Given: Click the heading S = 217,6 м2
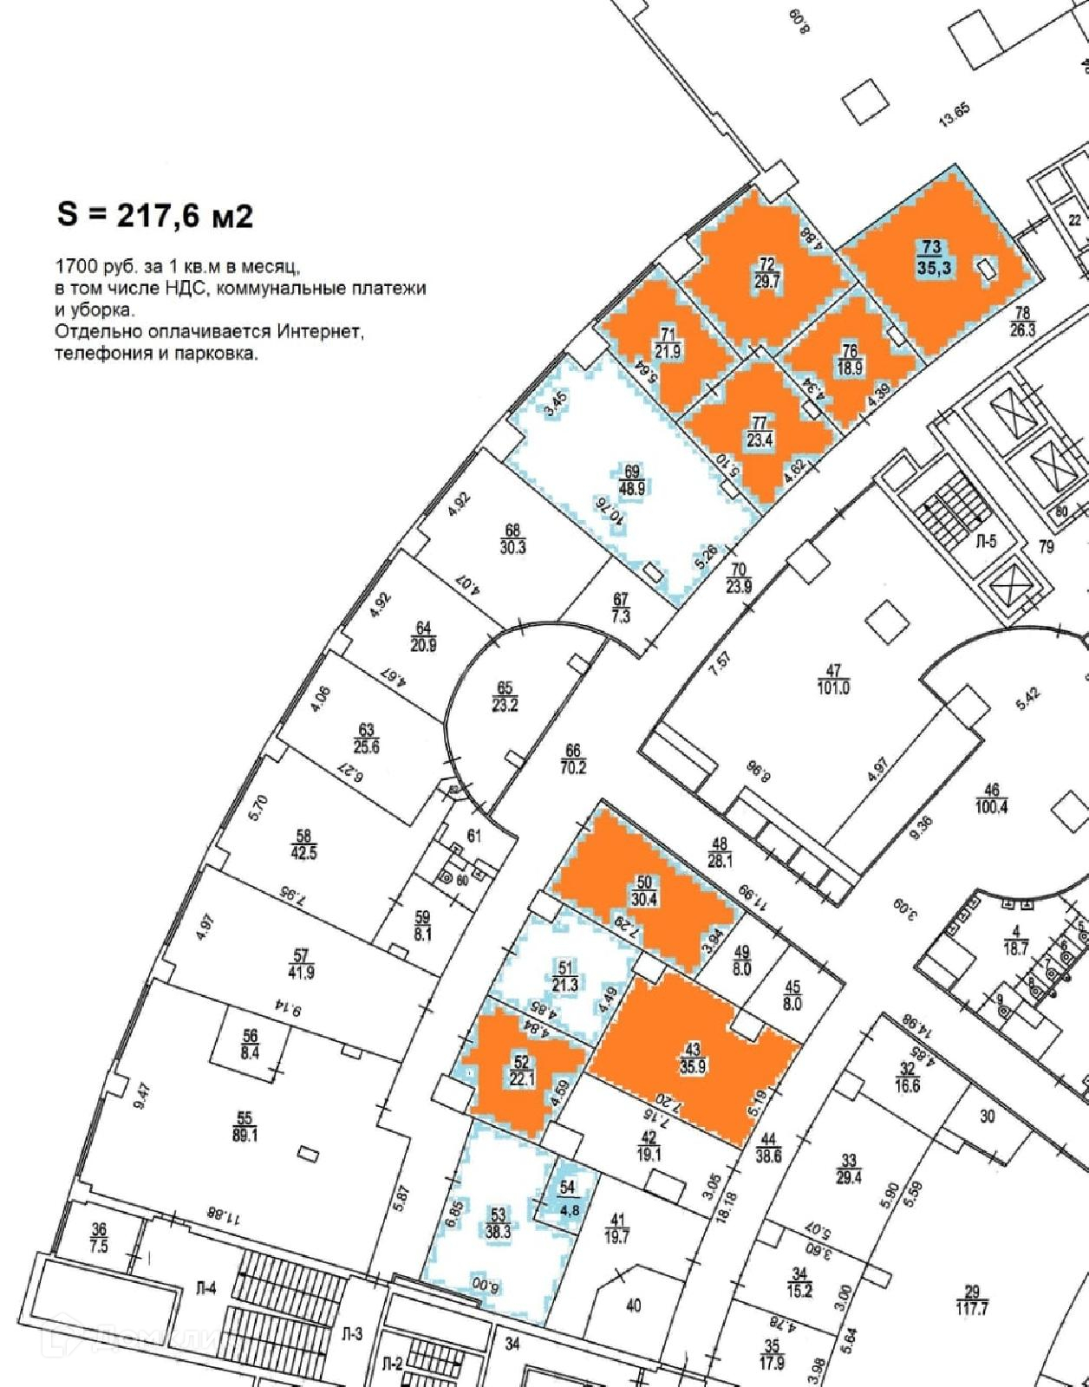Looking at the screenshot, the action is click(x=154, y=214).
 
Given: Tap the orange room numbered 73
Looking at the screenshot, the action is click(x=933, y=258).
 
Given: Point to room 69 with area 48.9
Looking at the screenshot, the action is click(x=631, y=480).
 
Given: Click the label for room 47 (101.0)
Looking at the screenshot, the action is click(x=833, y=680).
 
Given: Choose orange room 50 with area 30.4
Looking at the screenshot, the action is click(x=643, y=891).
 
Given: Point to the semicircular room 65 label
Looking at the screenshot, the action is click(x=505, y=697).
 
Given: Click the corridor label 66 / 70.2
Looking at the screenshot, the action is click(x=573, y=759).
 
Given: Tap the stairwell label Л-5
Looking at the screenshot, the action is click(x=986, y=542).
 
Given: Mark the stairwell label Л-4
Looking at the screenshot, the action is click(x=205, y=1289).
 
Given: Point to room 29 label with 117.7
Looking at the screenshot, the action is click(x=972, y=1301).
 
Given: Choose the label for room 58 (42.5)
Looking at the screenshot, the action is click(x=303, y=844).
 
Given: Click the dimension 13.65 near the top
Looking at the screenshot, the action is click(x=954, y=116).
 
